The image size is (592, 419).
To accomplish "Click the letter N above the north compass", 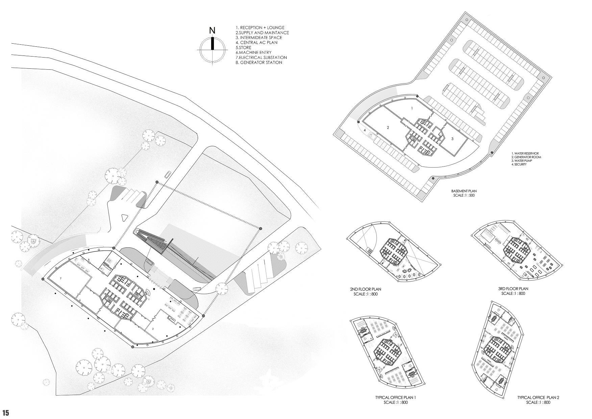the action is (212, 30).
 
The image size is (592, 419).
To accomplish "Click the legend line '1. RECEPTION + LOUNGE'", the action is (260, 27).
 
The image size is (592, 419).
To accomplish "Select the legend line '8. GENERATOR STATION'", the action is (259, 63).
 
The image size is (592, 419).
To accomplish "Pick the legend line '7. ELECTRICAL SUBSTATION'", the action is (261, 58).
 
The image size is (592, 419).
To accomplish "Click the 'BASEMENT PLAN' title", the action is (464, 191).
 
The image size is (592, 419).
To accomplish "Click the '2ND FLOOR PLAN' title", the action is (366, 289).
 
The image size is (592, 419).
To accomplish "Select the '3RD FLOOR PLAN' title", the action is (513, 289).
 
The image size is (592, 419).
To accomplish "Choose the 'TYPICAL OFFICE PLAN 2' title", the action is (538, 398).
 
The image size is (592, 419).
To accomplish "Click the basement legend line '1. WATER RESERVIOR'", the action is (525, 154).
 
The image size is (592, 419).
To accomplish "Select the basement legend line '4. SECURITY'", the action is (519, 164).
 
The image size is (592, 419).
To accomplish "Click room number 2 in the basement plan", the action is (388, 128).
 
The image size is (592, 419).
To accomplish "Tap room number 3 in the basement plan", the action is (452, 139).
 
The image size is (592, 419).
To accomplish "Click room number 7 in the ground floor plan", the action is (60, 278).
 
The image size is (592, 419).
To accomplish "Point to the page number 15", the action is (6, 413).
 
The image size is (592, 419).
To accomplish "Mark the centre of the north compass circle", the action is (212, 50).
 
